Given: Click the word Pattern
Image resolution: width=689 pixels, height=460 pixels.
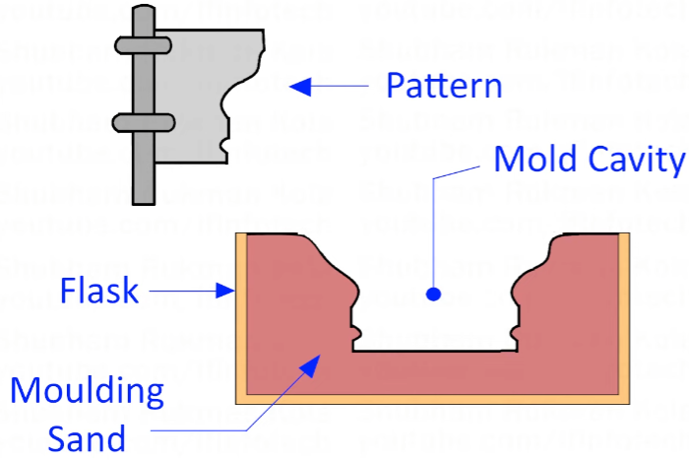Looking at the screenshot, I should point(444,86).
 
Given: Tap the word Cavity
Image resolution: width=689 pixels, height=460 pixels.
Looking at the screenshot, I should point(632,159).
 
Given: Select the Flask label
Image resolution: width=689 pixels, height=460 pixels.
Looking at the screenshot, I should point(96,291).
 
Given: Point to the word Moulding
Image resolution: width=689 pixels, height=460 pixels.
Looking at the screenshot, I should point(87,392).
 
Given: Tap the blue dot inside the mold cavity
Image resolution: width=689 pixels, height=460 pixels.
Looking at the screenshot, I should point(432,293).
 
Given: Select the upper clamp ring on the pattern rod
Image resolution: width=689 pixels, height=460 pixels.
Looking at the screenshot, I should point(144,44).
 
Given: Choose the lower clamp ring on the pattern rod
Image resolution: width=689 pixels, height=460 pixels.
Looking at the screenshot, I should point(144,122).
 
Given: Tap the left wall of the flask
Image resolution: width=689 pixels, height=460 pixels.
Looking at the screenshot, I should point(239,315).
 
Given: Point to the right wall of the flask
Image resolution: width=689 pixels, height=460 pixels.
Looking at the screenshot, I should point(623,315).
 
